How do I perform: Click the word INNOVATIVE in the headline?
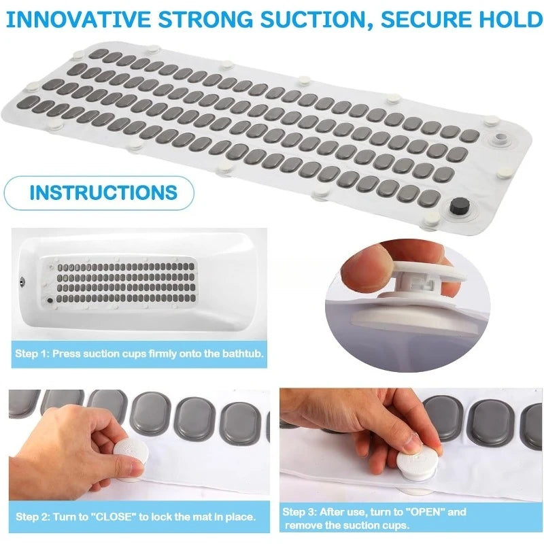(79, 20)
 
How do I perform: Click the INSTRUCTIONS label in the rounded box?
(103, 192)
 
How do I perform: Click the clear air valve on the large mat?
(499, 138)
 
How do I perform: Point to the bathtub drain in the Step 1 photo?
(22, 282)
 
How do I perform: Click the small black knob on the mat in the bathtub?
(50, 301)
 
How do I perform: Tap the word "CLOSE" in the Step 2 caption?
(113, 517)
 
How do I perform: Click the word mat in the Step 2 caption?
(201, 517)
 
